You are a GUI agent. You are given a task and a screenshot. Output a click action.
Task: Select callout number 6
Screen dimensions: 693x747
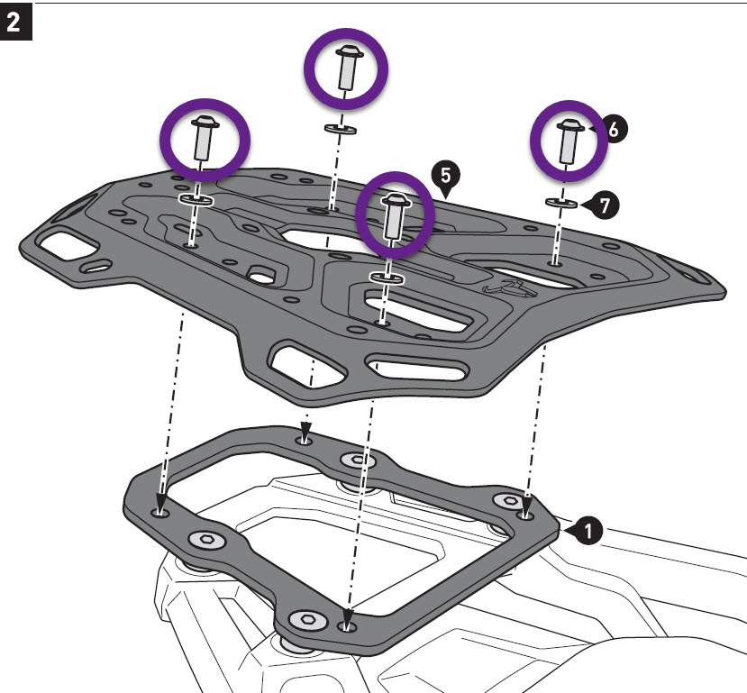[613, 130]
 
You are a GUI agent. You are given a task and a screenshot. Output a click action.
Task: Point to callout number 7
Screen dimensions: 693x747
[603, 205]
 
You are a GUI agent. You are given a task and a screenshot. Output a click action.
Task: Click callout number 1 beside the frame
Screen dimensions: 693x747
[587, 532]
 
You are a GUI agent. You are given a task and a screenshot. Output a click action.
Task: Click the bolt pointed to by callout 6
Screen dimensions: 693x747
[567, 140]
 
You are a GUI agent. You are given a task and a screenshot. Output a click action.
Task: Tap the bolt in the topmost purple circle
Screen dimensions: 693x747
[345, 68]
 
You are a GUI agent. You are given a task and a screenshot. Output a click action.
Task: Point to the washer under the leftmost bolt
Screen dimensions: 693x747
[196, 200]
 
